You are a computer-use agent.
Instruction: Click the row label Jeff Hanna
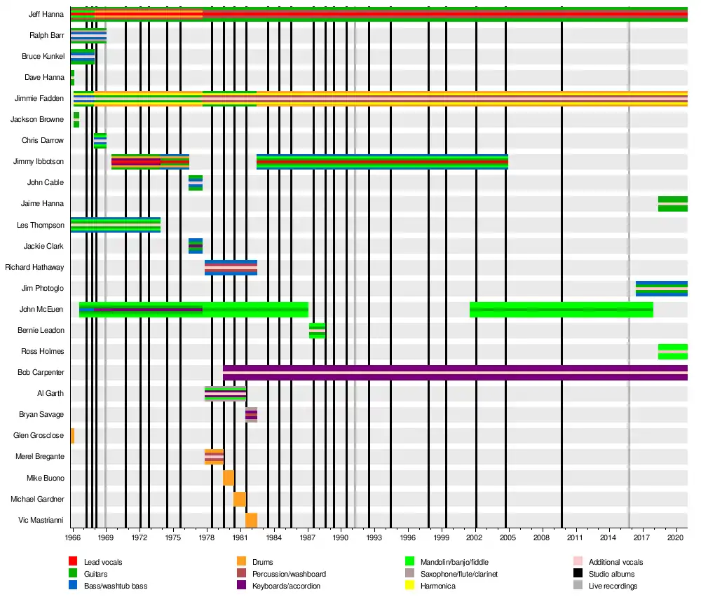coord(46,14)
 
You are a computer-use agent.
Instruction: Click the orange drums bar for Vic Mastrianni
coord(251,520)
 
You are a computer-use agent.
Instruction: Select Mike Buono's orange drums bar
coord(229,478)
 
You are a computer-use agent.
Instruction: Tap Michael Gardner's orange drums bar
coord(240,499)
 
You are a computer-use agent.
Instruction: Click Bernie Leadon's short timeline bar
coord(317,331)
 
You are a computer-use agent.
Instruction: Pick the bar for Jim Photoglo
coord(661,288)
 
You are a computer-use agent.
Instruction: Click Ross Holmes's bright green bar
coord(672,352)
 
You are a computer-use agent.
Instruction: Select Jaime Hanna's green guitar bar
coord(672,204)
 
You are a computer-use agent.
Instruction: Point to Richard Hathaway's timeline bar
coord(231,267)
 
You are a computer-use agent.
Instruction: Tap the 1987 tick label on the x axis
coord(308,537)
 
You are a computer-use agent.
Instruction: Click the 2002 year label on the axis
coord(476,537)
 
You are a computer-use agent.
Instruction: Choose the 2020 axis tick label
coord(676,537)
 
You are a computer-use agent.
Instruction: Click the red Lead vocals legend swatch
coord(73,562)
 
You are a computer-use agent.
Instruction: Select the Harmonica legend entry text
coord(438,586)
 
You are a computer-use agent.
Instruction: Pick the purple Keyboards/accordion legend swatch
coord(241,586)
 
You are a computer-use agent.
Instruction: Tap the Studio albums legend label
coord(611,574)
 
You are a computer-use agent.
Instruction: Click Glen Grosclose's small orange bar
coord(72,436)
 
